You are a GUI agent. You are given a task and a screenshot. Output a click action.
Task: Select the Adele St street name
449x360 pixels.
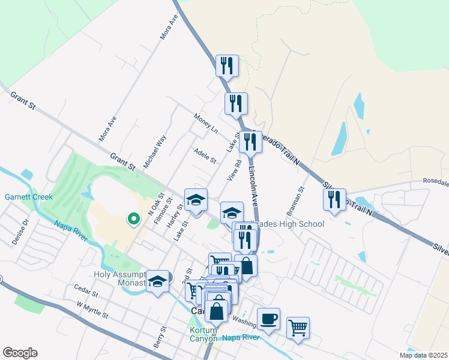205,155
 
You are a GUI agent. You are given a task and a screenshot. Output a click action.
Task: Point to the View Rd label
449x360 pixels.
234,170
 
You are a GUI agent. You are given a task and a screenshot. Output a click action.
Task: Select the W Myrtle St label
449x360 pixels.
92,310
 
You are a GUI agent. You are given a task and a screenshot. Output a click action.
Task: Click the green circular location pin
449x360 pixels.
133,220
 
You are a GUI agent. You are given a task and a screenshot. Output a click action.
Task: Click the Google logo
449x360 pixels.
20,353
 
